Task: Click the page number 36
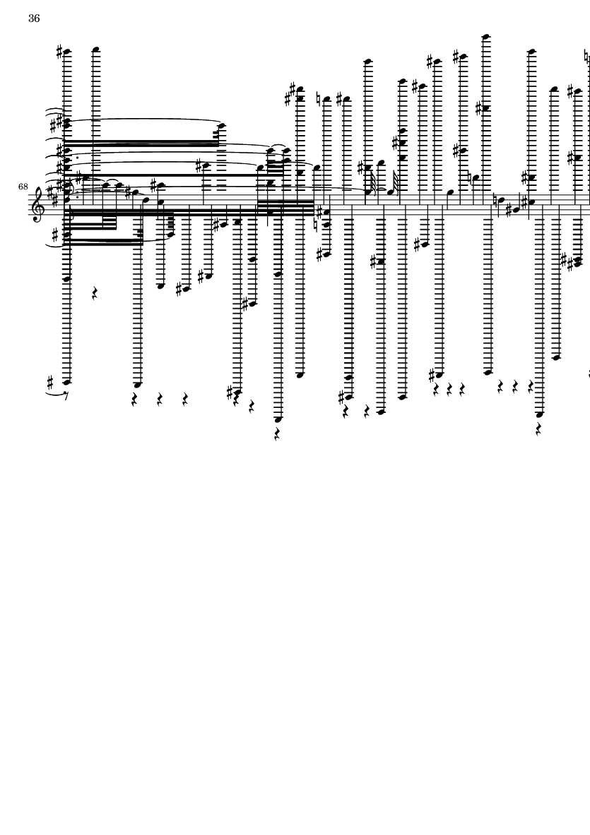pyautogui.click(x=34, y=18)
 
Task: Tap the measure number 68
pyautogui.click(x=23, y=187)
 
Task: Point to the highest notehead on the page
pyautogui.click(x=485, y=37)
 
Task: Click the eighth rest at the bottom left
pyautogui.click(x=66, y=396)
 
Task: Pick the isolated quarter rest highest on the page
pyautogui.click(x=95, y=293)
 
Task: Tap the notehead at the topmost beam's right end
pyautogui.click(x=221, y=127)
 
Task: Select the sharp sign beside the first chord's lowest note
pyautogui.click(x=51, y=383)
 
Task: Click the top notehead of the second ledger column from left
pyautogui.click(x=96, y=50)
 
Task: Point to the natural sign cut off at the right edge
pyautogui.click(x=587, y=55)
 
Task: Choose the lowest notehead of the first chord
pyautogui.click(x=67, y=383)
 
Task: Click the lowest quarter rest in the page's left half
pyautogui.click(x=277, y=435)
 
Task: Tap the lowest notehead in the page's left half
pyautogui.click(x=278, y=420)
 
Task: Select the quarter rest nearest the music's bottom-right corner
pyautogui.click(x=539, y=429)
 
